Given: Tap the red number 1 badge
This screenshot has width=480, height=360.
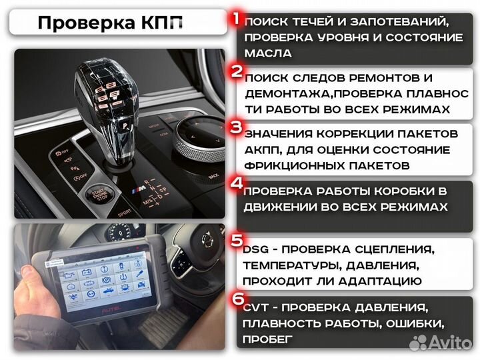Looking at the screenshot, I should pyautogui.click(x=235, y=18).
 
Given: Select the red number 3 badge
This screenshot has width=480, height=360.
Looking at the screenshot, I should pyautogui.click(x=235, y=126).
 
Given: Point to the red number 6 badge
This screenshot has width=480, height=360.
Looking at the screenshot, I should pyautogui.click(x=237, y=299).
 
